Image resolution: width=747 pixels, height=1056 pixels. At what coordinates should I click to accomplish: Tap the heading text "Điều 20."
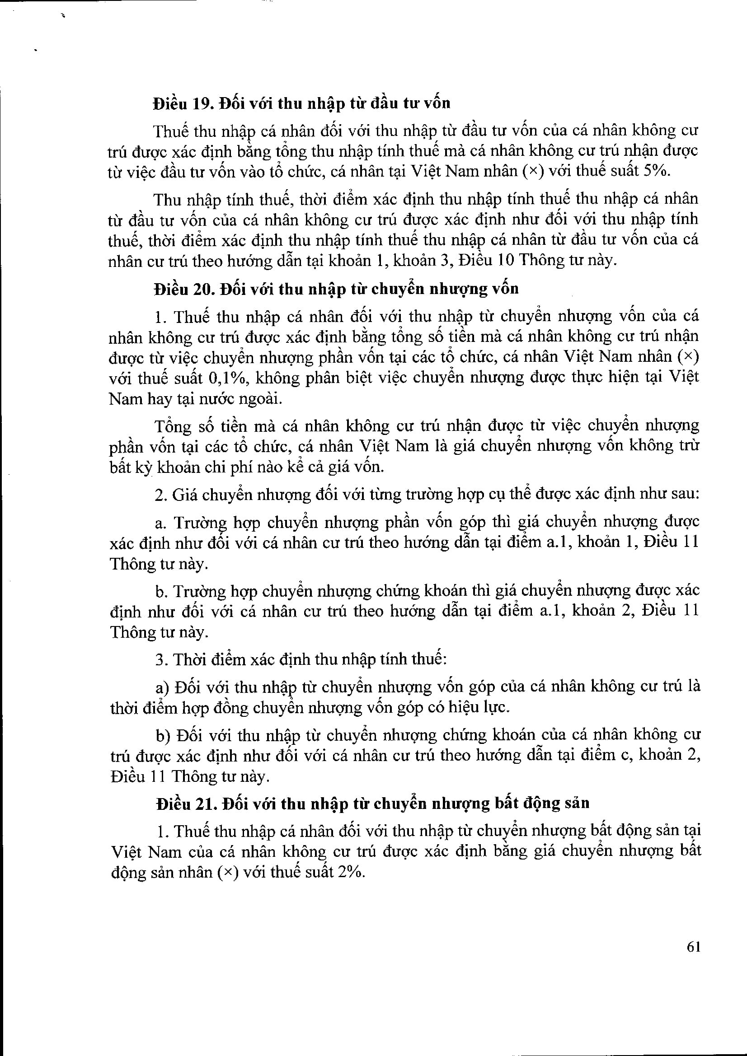[183, 289]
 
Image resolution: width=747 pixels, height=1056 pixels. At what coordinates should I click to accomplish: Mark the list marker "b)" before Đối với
[163, 736]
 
